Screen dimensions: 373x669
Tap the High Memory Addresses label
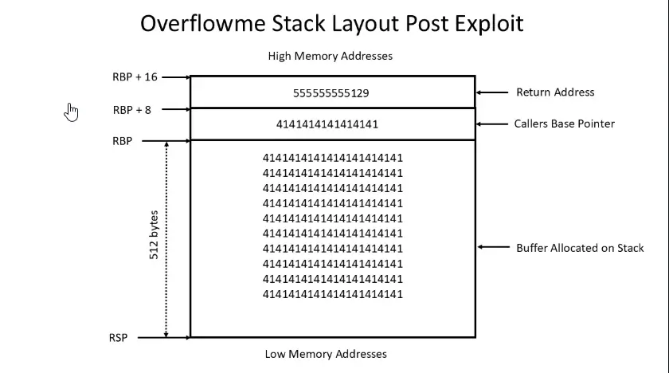[x=331, y=56]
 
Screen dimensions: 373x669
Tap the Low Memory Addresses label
[x=326, y=354]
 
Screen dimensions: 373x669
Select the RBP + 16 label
[x=135, y=77]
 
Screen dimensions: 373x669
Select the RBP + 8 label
[x=132, y=110]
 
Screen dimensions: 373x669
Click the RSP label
[x=118, y=338]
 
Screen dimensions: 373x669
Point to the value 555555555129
[x=331, y=93]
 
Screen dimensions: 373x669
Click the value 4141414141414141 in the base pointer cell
[x=327, y=124]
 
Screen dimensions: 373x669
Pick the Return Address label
[x=555, y=92]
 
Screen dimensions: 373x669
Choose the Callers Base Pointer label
[x=564, y=124]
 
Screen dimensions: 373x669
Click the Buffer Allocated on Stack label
[x=580, y=248]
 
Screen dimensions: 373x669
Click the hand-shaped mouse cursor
[x=72, y=112]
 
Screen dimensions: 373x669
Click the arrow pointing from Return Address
[x=493, y=92]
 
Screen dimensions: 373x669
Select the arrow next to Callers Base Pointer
[x=493, y=124]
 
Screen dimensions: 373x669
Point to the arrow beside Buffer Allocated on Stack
[x=493, y=248]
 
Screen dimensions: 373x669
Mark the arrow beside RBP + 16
[x=174, y=77]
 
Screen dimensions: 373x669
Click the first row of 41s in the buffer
[x=333, y=158]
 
